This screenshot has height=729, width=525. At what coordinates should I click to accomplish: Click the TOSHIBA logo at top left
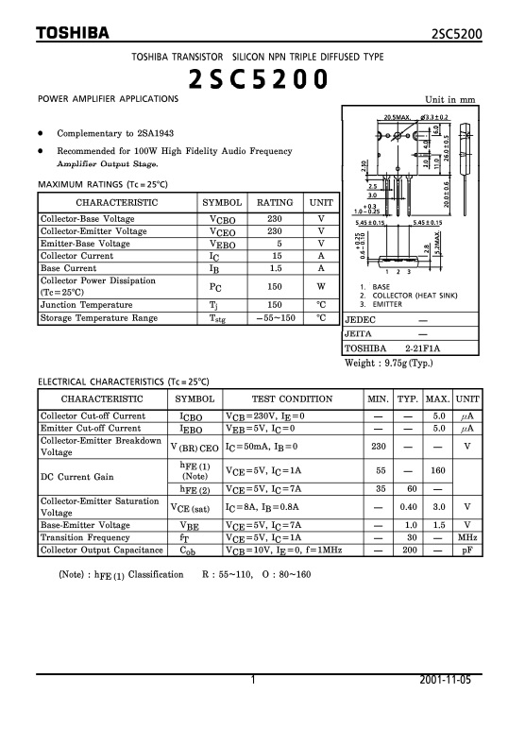coord(73,34)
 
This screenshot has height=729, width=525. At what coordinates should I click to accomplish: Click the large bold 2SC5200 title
coord(259,81)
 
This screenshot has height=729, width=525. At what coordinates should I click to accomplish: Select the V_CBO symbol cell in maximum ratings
coord(222,218)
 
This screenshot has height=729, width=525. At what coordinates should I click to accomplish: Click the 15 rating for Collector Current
coord(275,255)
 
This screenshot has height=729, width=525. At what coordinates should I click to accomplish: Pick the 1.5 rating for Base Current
coord(275,267)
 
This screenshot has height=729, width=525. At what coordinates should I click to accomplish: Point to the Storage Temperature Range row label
coord(98,318)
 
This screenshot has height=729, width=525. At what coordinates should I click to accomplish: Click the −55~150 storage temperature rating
coord(275,318)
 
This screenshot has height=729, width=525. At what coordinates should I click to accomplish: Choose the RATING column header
coord(275,203)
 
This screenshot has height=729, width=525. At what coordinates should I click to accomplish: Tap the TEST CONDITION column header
coord(292,399)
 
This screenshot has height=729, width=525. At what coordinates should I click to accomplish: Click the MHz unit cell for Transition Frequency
coord(466,536)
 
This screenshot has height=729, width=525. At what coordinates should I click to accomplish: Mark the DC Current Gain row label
coord(76,477)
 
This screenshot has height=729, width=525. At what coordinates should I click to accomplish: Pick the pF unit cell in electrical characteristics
coord(466,549)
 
